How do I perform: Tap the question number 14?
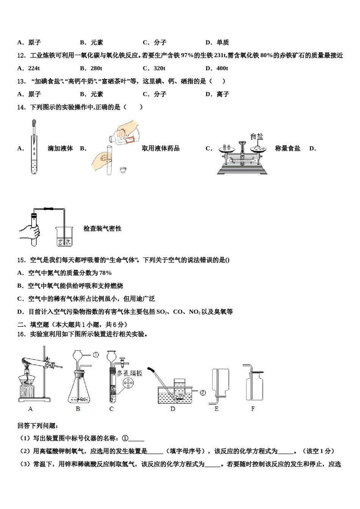pos(21,107)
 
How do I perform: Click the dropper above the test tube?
pos(34,131)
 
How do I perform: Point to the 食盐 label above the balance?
pos(257,136)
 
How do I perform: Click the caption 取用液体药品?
pos(161,148)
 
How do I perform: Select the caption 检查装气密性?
pos(102,228)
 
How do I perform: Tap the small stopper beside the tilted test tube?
pos(122,170)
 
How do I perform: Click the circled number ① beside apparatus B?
pos(96,355)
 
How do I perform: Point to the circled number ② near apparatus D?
pos(203,392)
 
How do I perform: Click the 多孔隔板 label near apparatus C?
pos(130,373)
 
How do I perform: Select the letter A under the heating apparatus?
pos(31,409)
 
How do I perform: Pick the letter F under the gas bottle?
pos(253,409)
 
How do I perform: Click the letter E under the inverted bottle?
pos(216,409)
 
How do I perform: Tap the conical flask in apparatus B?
pos(79,390)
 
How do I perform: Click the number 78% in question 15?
pos(105,273)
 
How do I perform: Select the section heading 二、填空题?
pos(33,325)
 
